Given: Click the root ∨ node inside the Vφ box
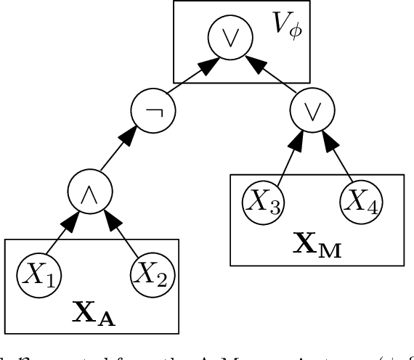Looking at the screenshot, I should pos(222,36).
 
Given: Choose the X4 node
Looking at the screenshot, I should pos(357,201).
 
